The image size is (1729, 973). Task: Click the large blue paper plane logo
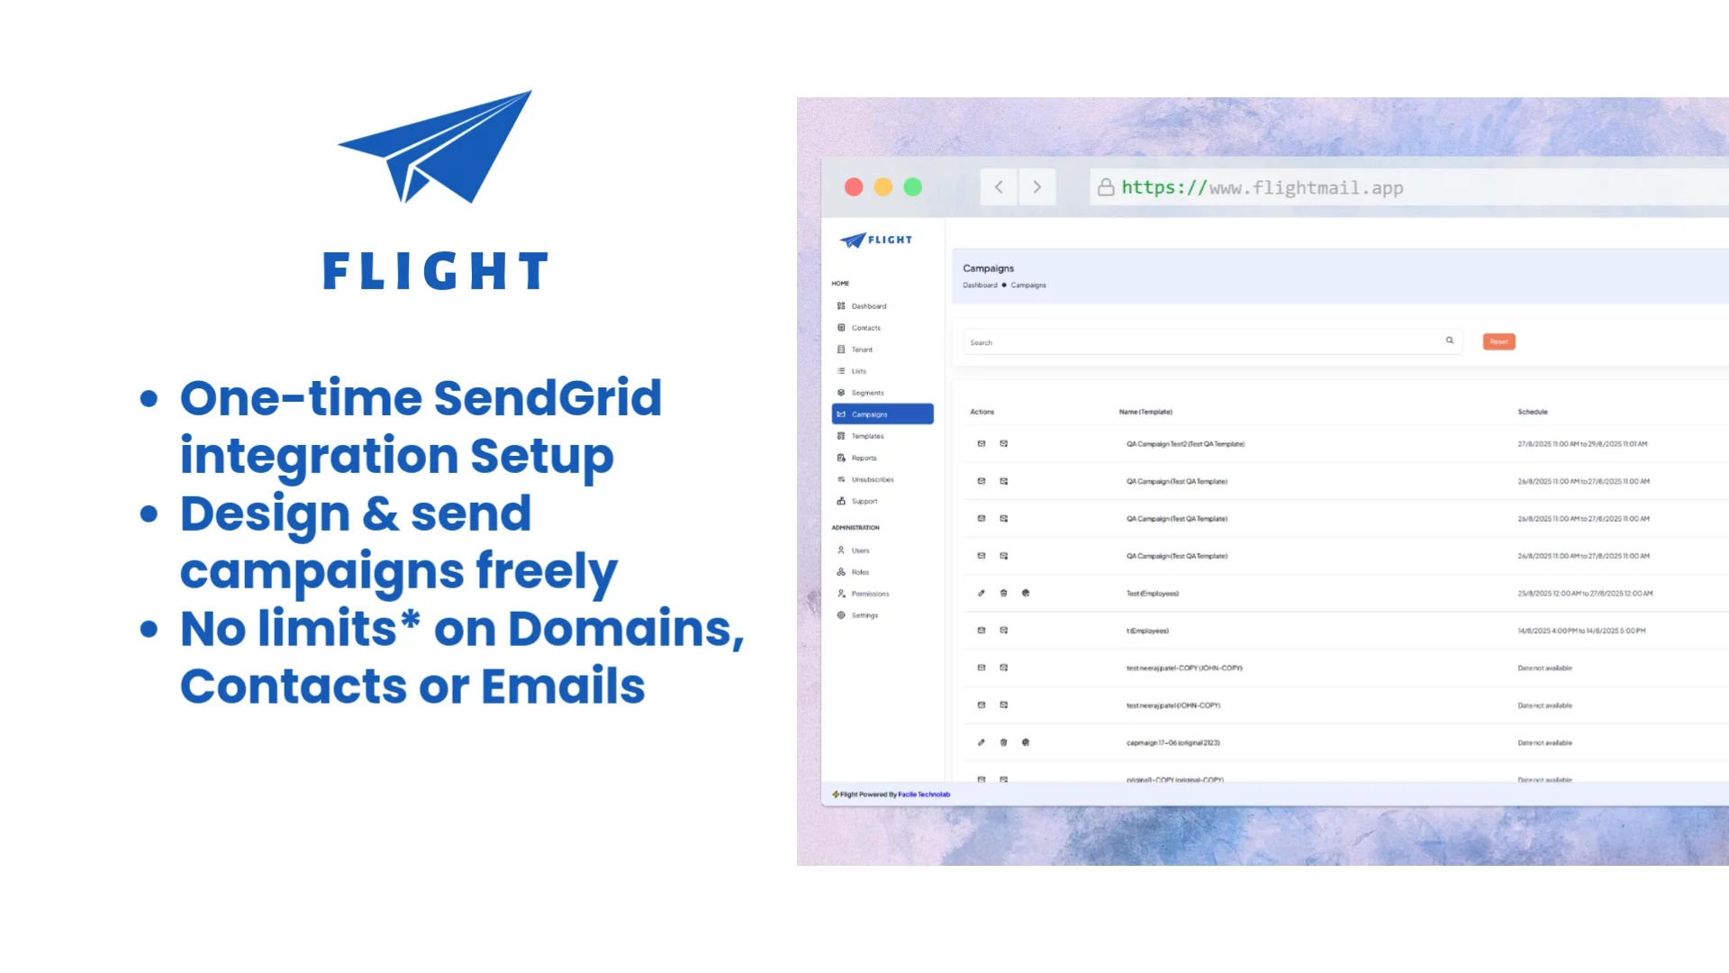click(x=436, y=147)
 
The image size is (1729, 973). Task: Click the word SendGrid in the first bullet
click(x=548, y=398)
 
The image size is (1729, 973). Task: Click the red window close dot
click(x=854, y=187)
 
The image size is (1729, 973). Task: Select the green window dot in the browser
click(x=912, y=187)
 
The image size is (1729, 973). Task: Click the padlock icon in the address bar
click(x=1106, y=187)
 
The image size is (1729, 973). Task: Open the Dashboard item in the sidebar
click(x=868, y=306)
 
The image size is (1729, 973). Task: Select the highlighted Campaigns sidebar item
click(x=882, y=414)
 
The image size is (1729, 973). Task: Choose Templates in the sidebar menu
click(x=867, y=436)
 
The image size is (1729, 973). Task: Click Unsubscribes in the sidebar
click(x=872, y=479)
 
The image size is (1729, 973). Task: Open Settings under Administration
click(x=864, y=615)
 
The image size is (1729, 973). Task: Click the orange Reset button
click(x=1498, y=341)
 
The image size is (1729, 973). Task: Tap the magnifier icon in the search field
click(x=1450, y=341)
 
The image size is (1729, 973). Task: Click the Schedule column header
click(x=1532, y=412)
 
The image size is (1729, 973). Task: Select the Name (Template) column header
click(x=1145, y=412)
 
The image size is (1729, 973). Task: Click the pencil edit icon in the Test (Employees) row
click(x=982, y=593)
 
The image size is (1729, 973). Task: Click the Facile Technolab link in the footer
click(x=924, y=795)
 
